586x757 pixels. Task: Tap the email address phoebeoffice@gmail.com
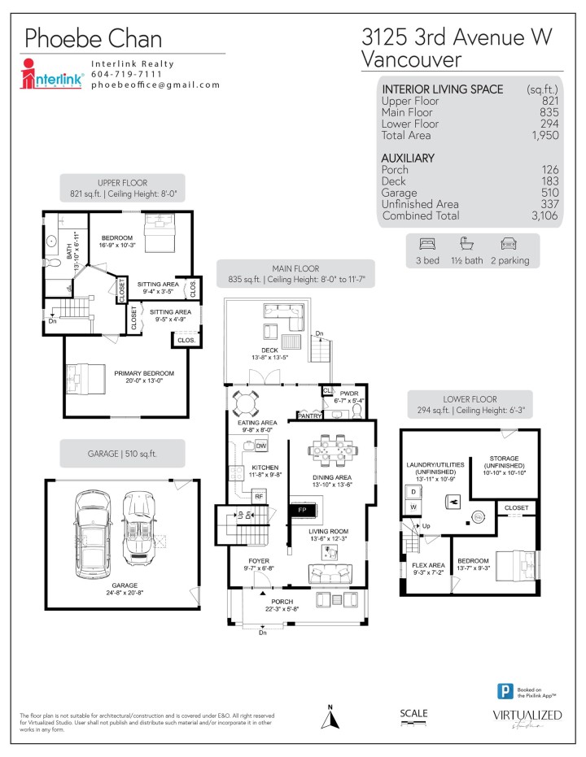click(155, 85)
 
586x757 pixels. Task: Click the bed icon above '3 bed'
click(426, 243)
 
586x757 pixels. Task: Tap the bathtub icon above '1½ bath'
click(467, 243)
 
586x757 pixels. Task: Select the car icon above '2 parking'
click(508, 243)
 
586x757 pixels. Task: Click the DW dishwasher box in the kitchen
click(261, 446)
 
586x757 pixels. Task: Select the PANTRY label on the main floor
click(309, 415)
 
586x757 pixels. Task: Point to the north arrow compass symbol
click(331, 716)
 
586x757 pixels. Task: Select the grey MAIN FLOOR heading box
click(295, 274)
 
